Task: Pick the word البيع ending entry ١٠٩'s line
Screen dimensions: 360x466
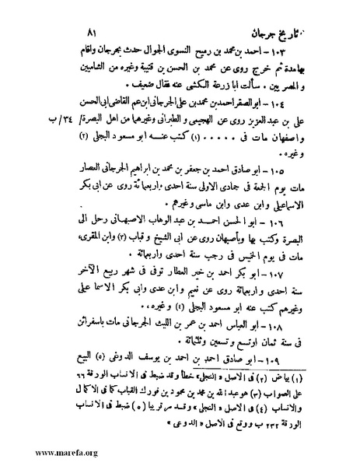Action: pyautogui.click(x=36, y=386)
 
